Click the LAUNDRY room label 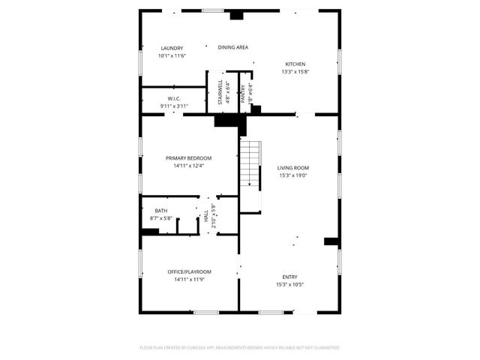[x=172, y=49]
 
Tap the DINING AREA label [x=232, y=47]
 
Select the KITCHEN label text [x=295, y=64]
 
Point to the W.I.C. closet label [x=172, y=99]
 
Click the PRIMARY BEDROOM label [x=188, y=158]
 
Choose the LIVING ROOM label [x=292, y=168]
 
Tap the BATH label [x=161, y=211]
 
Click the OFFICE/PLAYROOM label [x=189, y=271]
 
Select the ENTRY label [x=289, y=277]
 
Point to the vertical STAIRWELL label [x=220, y=92]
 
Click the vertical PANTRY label [x=242, y=93]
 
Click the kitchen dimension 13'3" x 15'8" [x=295, y=72]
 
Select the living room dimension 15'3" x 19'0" [x=292, y=175]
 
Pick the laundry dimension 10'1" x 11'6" [x=172, y=56]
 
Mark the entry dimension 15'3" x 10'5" [x=289, y=285]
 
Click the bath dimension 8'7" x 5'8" [x=161, y=218]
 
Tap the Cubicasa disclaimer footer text [x=240, y=347]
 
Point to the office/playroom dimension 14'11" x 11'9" [x=189, y=279]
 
